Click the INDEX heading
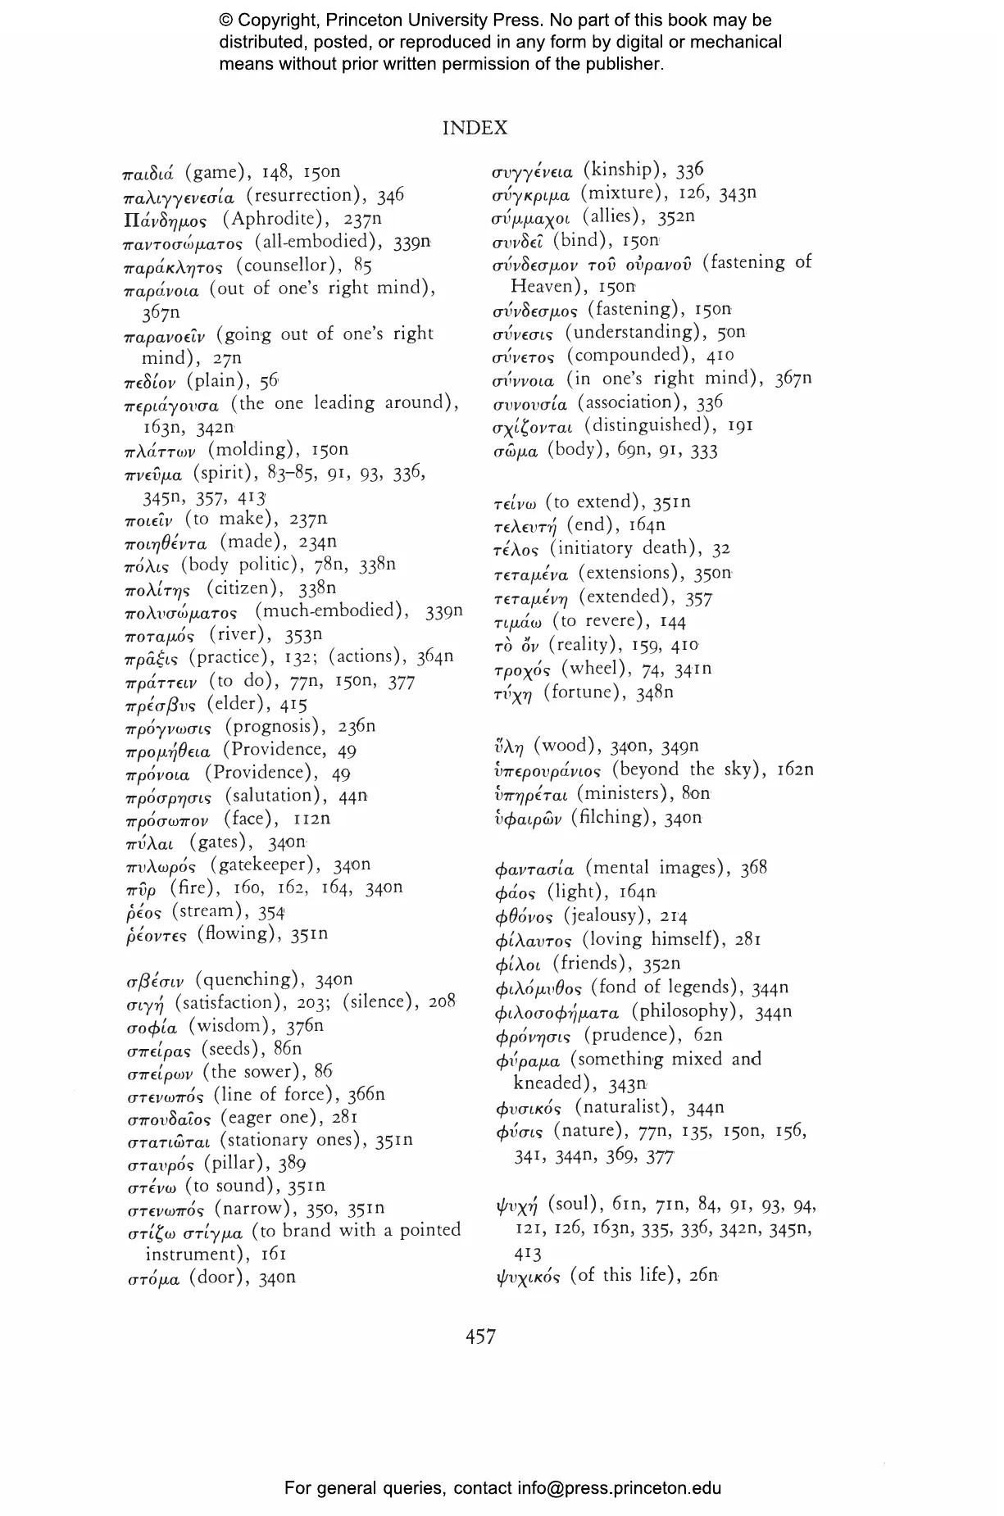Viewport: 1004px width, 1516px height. [x=475, y=128]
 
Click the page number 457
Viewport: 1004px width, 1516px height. [x=480, y=1337]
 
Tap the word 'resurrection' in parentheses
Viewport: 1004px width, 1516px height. [x=303, y=196]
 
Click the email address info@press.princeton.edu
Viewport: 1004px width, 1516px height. [x=619, y=1487]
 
